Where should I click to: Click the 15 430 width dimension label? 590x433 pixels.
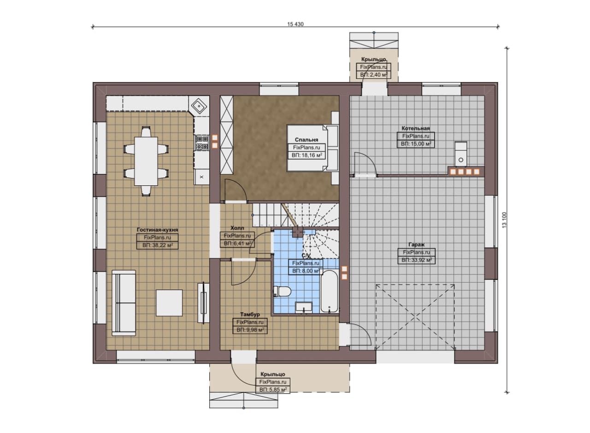tap(295, 24)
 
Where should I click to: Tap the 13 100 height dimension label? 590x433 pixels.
tap(504, 220)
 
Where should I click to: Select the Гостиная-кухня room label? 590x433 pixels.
tap(157, 230)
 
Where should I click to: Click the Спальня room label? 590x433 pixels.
tap(307, 140)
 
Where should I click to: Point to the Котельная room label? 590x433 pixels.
tap(416, 128)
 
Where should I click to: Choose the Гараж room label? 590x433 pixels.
tap(416, 244)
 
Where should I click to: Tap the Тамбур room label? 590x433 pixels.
tap(250, 314)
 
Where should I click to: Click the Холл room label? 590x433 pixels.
tap(237, 228)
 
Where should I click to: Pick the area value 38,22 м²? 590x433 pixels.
tap(158, 245)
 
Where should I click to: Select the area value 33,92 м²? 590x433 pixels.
tap(416, 260)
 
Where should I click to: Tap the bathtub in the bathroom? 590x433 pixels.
tap(329, 291)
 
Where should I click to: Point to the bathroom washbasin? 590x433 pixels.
tap(304, 307)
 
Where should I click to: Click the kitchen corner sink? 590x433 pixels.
tap(199, 106)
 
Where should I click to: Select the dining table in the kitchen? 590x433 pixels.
tap(146, 161)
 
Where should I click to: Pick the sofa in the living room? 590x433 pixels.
tap(124, 303)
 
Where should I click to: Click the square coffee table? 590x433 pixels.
tap(169, 303)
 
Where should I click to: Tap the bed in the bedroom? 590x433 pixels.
tap(313, 148)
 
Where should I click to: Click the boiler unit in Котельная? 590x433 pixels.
tap(460, 154)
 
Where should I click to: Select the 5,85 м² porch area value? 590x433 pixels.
tap(273, 390)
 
